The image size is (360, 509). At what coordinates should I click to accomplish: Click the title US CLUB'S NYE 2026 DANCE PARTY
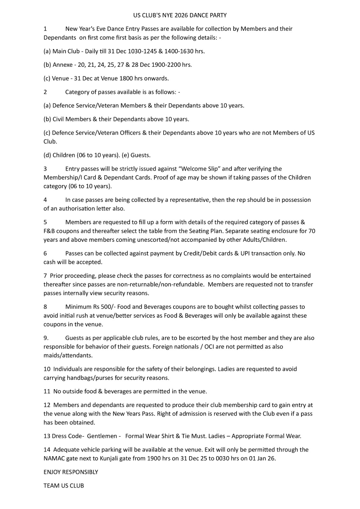click(x=180, y=15)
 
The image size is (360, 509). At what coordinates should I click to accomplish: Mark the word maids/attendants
click(x=68, y=355)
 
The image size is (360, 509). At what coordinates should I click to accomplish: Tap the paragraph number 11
click(x=47, y=392)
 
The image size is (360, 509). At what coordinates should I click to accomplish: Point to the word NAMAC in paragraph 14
click(x=54, y=459)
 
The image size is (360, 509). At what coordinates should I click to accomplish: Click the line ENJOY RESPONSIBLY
click(x=71, y=472)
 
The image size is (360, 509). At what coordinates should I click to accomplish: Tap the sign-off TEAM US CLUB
click(x=64, y=486)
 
